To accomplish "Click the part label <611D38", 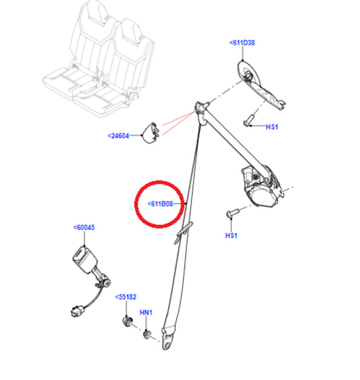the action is click(x=242, y=43).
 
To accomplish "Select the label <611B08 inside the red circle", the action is click(x=160, y=204).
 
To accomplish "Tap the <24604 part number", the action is click(x=118, y=136).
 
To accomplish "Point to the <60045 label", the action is click(x=84, y=228).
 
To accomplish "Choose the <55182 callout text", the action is click(x=126, y=297).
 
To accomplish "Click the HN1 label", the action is click(x=146, y=312).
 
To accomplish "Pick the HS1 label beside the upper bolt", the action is click(x=272, y=126).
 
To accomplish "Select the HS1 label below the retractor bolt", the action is click(x=231, y=235).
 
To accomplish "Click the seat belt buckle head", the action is click(x=84, y=260).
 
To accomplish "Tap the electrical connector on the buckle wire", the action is click(x=78, y=311).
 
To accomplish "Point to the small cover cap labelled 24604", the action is click(x=151, y=133).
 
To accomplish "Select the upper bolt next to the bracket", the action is click(x=249, y=120).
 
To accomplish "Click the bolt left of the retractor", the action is click(x=232, y=213).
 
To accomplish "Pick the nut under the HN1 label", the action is click(x=147, y=335).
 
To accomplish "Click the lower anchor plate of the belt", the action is click(x=168, y=338).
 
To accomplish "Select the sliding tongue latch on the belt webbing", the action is click(x=184, y=233).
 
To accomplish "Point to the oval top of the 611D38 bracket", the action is click(x=247, y=71).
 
